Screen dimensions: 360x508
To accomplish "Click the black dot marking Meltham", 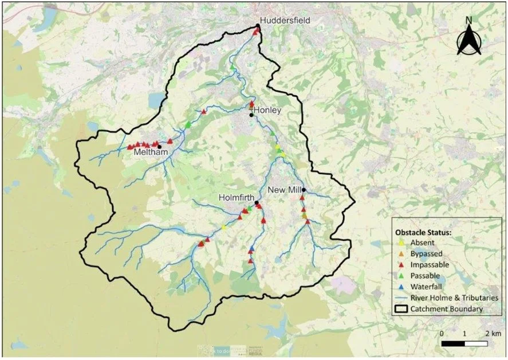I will (159, 146).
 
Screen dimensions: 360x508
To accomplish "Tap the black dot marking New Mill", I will (305, 190).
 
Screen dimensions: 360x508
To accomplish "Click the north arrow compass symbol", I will (468, 36).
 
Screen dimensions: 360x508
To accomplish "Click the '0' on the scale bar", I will (442, 333).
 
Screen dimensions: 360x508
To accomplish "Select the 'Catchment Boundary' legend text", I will (450, 309).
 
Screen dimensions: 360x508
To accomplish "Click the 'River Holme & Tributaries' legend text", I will (456, 298).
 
